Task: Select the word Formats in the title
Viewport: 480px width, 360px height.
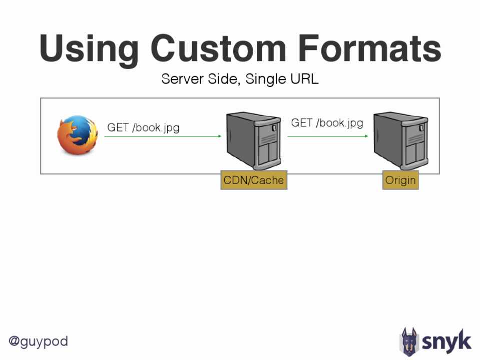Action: point(369,49)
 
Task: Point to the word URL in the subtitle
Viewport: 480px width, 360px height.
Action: point(304,79)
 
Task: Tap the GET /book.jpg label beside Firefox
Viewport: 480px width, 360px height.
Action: point(143,127)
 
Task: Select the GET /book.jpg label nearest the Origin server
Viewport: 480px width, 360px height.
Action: point(327,122)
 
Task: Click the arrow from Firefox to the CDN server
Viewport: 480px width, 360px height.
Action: point(163,135)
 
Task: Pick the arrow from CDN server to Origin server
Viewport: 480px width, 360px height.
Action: point(328,135)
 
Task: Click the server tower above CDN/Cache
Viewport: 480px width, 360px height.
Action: point(253,141)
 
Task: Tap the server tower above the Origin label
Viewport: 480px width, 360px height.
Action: point(401,141)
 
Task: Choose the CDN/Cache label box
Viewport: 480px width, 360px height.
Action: point(254,180)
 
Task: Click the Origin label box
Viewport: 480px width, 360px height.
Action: point(400,180)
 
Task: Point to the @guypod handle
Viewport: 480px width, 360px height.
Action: point(39,342)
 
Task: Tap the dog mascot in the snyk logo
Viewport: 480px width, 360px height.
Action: point(409,342)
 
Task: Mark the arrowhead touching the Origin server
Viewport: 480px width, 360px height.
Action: point(368,135)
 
